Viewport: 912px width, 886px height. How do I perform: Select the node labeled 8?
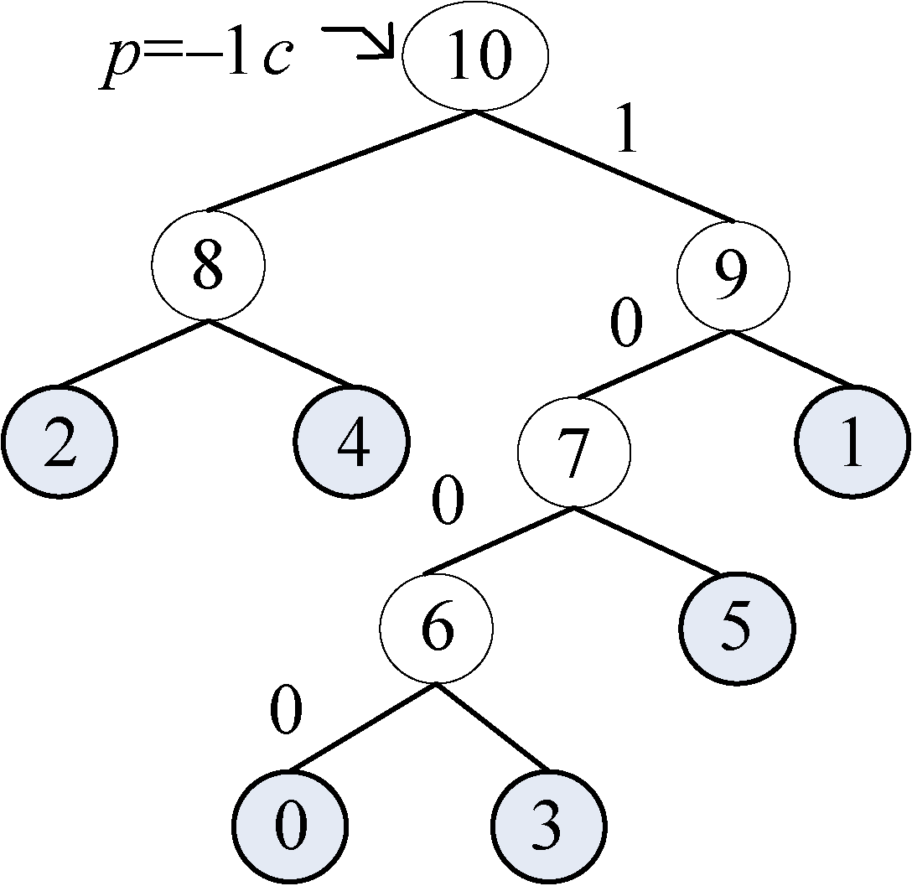[x=208, y=266]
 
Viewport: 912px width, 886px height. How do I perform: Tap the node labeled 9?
[x=733, y=277]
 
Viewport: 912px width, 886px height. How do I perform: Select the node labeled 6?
[x=436, y=629]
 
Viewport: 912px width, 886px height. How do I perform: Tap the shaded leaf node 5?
[x=735, y=629]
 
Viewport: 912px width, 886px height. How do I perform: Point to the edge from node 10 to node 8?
[x=339, y=161]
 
